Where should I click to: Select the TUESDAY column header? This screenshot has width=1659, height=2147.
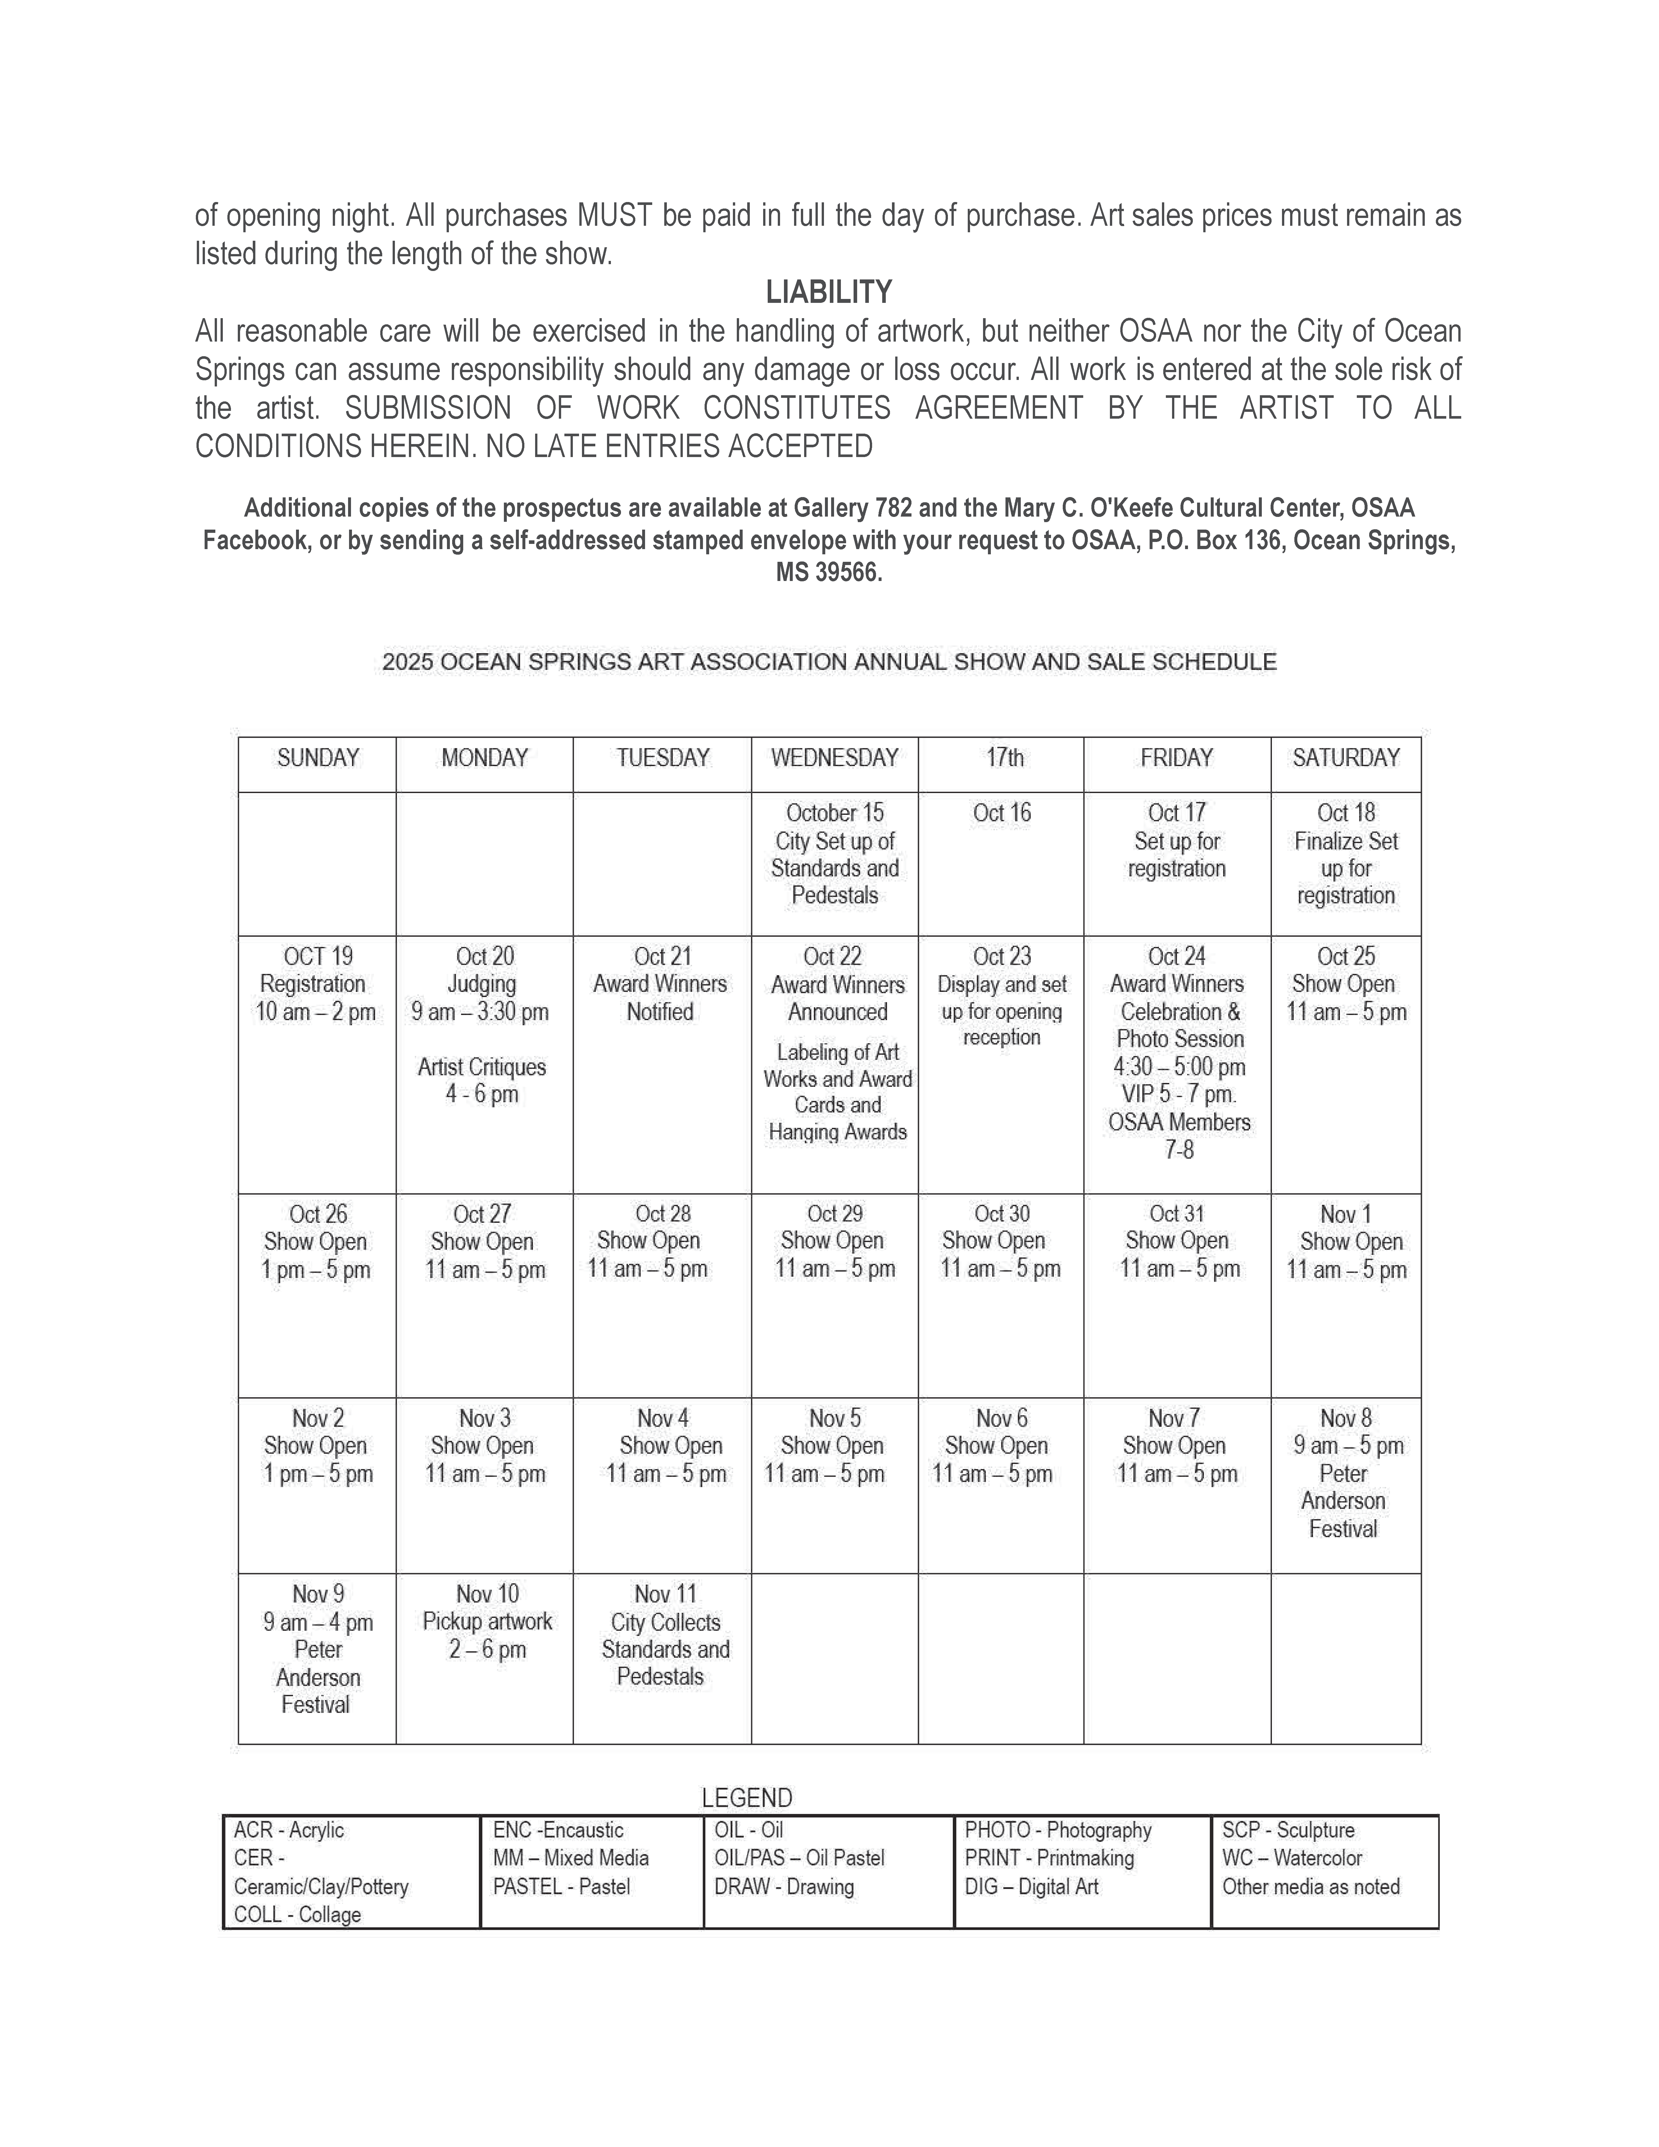click(662, 758)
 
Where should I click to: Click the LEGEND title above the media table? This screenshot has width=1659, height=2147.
click(747, 1798)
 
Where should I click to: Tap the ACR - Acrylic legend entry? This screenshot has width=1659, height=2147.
click(289, 1830)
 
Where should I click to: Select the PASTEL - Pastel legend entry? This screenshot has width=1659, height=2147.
click(561, 1886)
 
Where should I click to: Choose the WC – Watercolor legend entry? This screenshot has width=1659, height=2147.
click(1291, 1858)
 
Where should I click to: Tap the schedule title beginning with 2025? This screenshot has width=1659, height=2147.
click(829, 662)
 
